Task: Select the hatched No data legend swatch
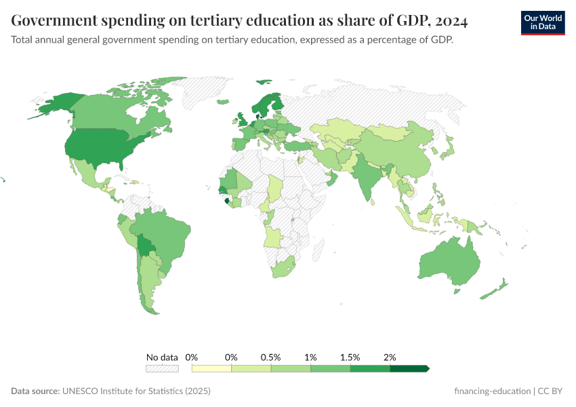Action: tap(162, 368)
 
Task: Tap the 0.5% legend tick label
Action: tap(270, 357)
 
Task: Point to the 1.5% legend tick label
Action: tap(350, 357)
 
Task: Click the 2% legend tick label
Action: tap(390, 357)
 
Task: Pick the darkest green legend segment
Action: tap(409, 368)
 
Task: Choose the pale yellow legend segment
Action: tap(211, 368)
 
